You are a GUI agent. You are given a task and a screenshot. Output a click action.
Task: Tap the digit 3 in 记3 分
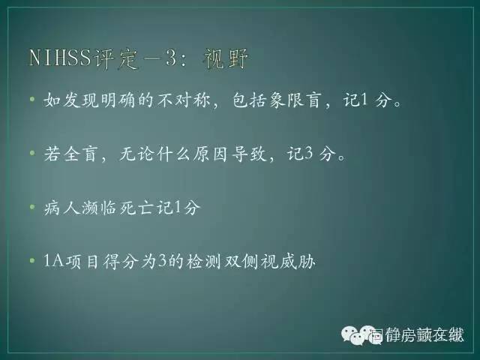tap(310, 154)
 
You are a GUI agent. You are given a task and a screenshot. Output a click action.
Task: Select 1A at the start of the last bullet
tap(53, 261)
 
